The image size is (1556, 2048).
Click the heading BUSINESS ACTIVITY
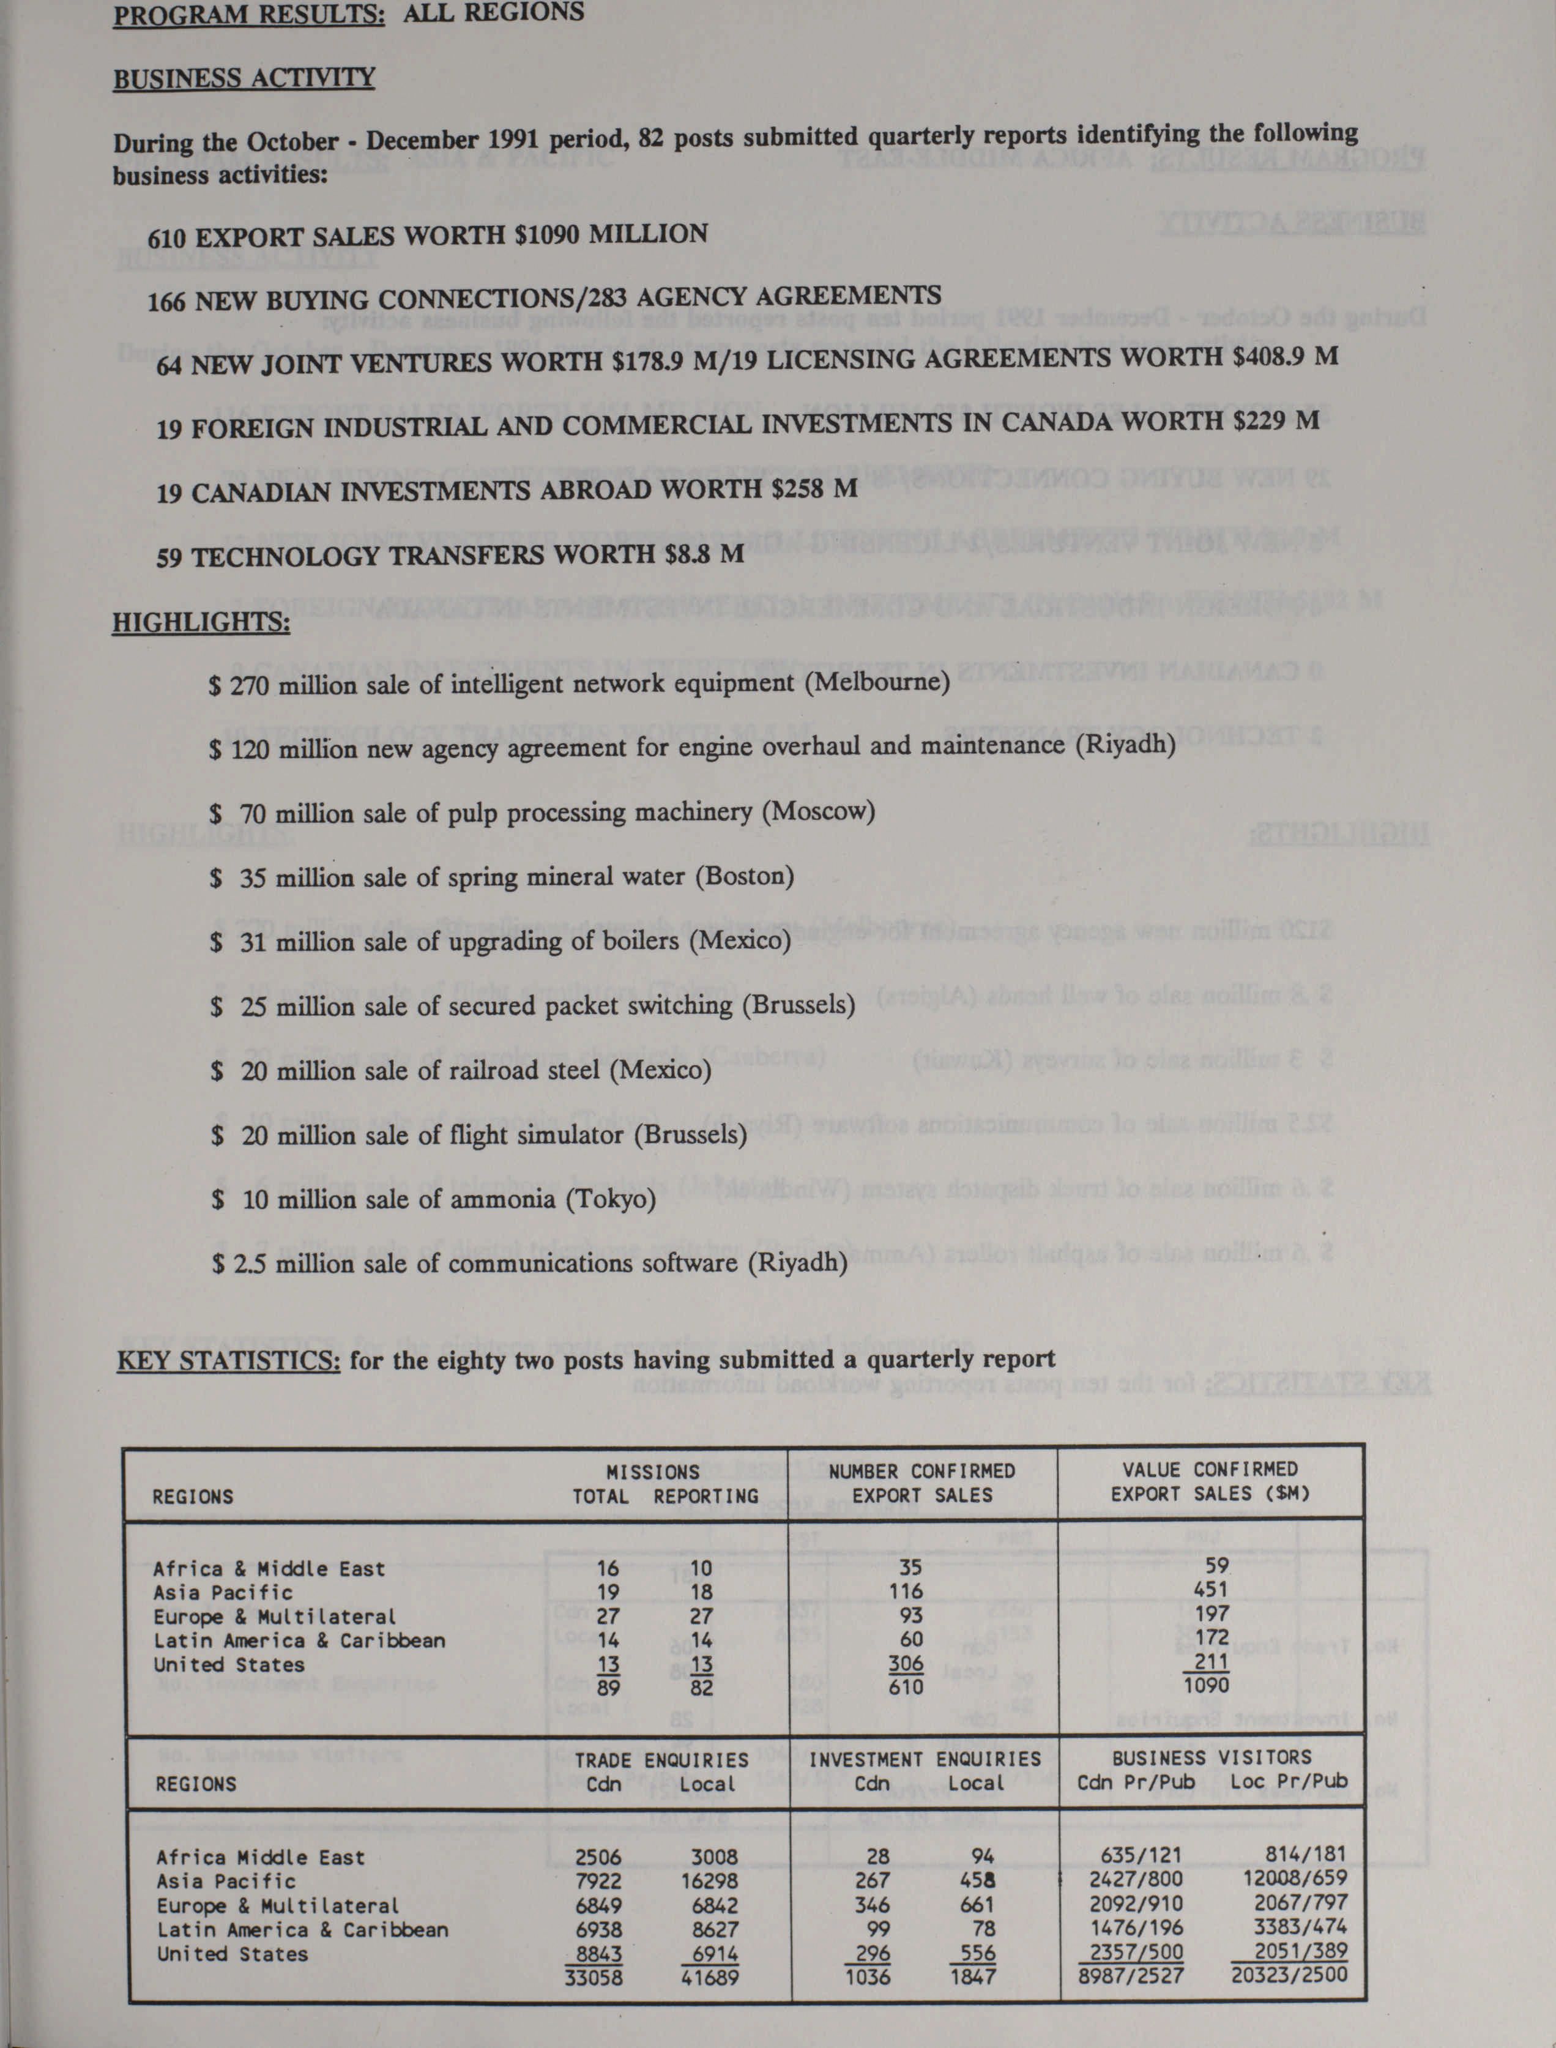244,78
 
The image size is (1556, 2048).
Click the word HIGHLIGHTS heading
200,622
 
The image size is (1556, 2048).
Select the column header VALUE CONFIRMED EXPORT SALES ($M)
1210,1482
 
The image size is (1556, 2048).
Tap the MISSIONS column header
652,1472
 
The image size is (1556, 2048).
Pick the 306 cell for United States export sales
905,1663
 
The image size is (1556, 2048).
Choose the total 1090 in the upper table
1206,1686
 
